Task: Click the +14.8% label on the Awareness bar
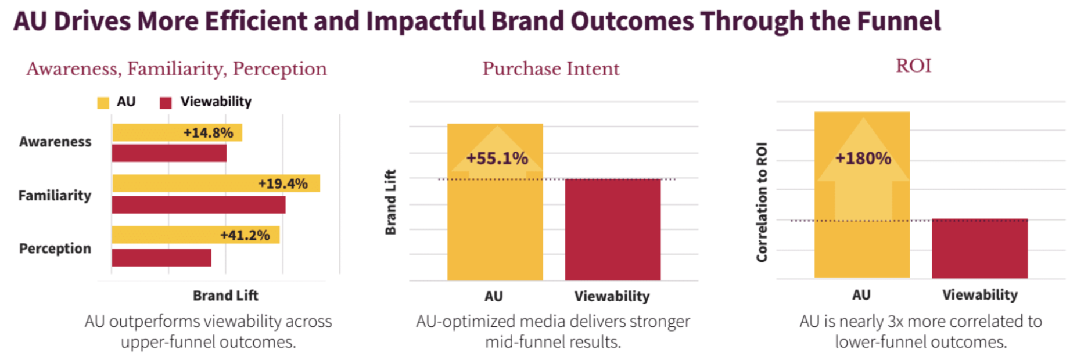point(208,133)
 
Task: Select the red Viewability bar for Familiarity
point(198,204)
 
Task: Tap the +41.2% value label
point(245,235)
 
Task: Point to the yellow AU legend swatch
point(103,103)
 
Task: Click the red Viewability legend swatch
point(166,103)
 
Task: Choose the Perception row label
point(55,249)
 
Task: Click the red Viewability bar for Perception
point(161,258)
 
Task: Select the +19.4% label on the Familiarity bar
point(283,184)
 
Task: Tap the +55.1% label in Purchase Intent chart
point(497,158)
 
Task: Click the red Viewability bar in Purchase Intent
point(612,229)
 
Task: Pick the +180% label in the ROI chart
point(863,158)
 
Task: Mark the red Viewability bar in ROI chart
point(979,249)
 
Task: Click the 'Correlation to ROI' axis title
point(762,202)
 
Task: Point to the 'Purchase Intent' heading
point(551,69)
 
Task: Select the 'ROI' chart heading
point(913,66)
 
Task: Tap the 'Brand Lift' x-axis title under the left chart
point(225,296)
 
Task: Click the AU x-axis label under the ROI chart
point(861,295)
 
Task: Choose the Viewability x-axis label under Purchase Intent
point(612,296)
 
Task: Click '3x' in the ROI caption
point(896,321)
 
